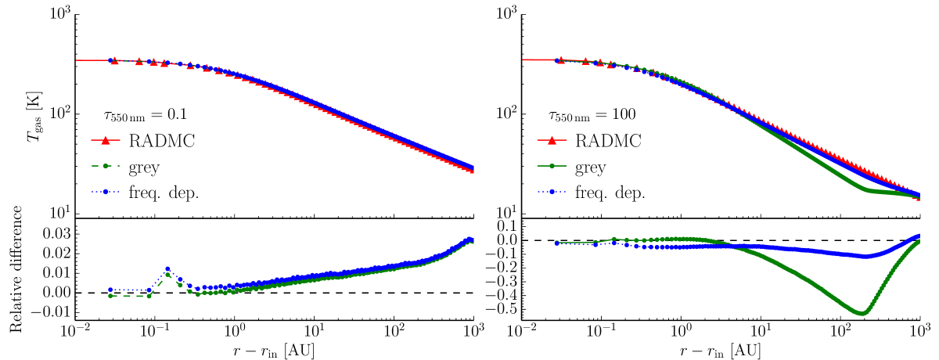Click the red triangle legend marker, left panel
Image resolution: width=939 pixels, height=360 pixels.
[x=106, y=141]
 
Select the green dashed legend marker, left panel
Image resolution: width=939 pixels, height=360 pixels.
[x=106, y=166]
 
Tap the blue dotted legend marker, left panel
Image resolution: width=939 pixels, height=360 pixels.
[x=106, y=191]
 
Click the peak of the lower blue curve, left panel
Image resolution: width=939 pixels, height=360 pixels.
[x=167, y=269]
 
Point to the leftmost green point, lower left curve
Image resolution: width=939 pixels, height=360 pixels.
[x=110, y=296]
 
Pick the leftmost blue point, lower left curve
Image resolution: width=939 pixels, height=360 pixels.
[x=110, y=290]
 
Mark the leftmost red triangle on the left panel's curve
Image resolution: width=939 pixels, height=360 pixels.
[x=114, y=60]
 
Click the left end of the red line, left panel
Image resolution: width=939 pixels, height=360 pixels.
[x=77, y=60]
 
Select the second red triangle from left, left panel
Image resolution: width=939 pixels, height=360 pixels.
[x=139, y=61]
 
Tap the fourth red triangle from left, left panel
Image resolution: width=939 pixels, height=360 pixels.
[x=164, y=63]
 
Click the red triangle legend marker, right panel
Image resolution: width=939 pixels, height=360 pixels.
[x=552, y=141]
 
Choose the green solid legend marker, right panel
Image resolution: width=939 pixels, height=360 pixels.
[x=552, y=166]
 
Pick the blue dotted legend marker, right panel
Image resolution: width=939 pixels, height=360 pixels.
[x=552, y=191]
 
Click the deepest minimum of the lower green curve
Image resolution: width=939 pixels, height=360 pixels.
[x=862, y=314]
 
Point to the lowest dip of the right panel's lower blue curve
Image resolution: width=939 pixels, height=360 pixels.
[x=865, y=256]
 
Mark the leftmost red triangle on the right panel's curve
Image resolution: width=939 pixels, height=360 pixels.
[x=560, y=60]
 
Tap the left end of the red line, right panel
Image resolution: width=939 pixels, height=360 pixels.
[x=523, y=60]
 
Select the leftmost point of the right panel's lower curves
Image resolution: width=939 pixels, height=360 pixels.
[x=556, y=243]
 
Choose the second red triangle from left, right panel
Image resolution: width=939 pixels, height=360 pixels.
[x=585, y=61]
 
